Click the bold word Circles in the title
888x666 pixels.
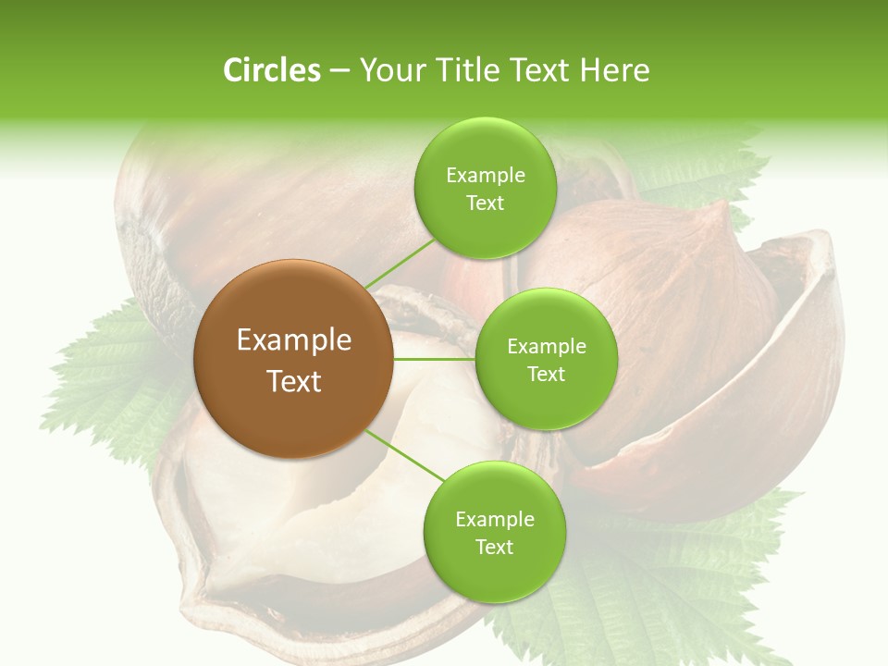coord(271,70)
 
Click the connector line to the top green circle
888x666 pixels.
coord(400,264)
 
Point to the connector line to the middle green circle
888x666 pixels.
coord(433,359)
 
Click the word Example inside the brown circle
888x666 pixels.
coord(294,340)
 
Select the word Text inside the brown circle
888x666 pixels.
coord(294,381)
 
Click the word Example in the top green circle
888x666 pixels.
coord(486,176)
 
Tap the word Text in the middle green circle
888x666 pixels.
coord(546,375)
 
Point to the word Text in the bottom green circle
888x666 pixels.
coord(494,548)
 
